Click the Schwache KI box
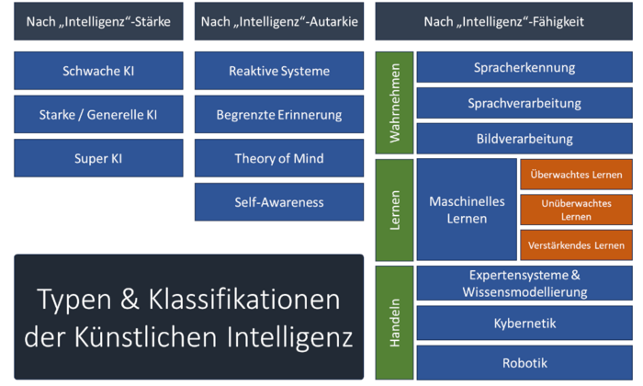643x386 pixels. tap(98, 71)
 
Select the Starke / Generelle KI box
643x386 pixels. tap(98, 115)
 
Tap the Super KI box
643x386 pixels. tap(98, 158)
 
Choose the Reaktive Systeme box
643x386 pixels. tap(279, 71)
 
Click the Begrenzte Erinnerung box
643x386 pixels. tap(279, 115)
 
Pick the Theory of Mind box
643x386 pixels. tap(279, 158)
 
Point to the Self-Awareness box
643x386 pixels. tap(279, 201)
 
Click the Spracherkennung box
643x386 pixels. tap(525, 67)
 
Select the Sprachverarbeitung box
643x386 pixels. tap(525, 103)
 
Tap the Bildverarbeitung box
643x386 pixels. tap(525, 139)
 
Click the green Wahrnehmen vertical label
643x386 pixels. tap(394, 103)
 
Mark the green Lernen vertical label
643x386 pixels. tap(394, 210)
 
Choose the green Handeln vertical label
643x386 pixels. tap(394, 322)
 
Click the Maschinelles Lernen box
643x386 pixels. tap(467, 210)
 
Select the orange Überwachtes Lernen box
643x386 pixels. tap(577, 175)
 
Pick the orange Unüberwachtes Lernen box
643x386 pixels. tap(577, 210)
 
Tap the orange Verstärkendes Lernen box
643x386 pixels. tap(577, 245)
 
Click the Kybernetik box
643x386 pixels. tap(525, 324)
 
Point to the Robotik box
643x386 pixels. tap(525, 362)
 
